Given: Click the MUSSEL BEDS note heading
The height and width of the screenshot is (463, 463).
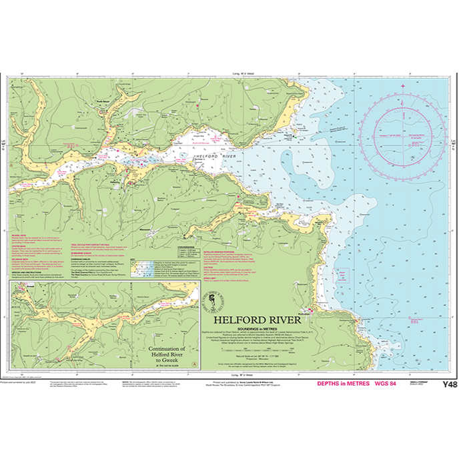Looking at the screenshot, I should pos(20,235).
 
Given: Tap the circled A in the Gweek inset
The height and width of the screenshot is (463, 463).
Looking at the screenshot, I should pos(194,364).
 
